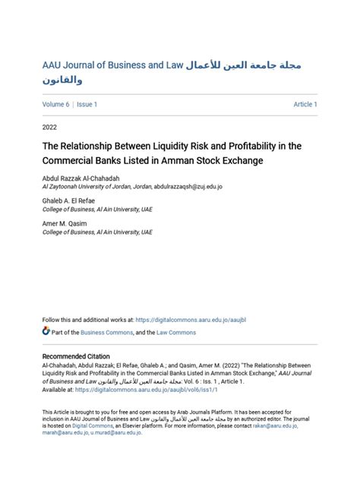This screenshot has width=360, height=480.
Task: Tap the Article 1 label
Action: tap(305, 104)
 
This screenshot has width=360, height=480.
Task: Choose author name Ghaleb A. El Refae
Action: tap(70, 201)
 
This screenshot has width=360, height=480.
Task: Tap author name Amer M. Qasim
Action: tap(65, 223)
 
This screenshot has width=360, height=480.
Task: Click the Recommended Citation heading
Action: tap(76, 356)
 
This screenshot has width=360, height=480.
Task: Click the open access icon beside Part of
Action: tap(46, 332)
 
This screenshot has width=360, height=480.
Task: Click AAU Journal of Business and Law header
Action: tap(114, 65)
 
